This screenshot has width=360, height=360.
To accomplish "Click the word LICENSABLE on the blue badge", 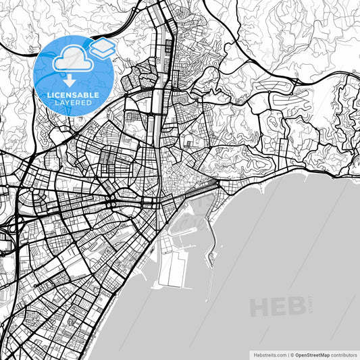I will click(74, 95).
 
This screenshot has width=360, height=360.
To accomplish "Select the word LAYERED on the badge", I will click(74, 104).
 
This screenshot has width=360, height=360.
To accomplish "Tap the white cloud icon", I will click(73, 61).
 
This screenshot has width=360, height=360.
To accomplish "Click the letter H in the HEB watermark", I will click(260, 306).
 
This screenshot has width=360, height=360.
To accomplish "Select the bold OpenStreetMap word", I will click(313, 354).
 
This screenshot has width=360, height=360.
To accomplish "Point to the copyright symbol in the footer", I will click(292, 354).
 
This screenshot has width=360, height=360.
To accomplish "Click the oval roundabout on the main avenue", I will click(113, 203).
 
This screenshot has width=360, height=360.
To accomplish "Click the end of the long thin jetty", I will click(207, 300).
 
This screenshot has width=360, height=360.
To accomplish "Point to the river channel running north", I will click(157, 135).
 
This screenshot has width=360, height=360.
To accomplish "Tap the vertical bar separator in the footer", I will click(287, 354).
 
